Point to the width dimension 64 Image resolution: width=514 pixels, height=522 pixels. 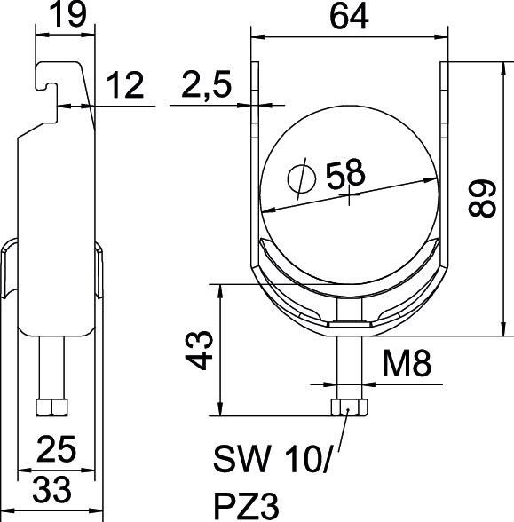click(x=349, y=17)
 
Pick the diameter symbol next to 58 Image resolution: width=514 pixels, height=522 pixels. click(x=302, y=178)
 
